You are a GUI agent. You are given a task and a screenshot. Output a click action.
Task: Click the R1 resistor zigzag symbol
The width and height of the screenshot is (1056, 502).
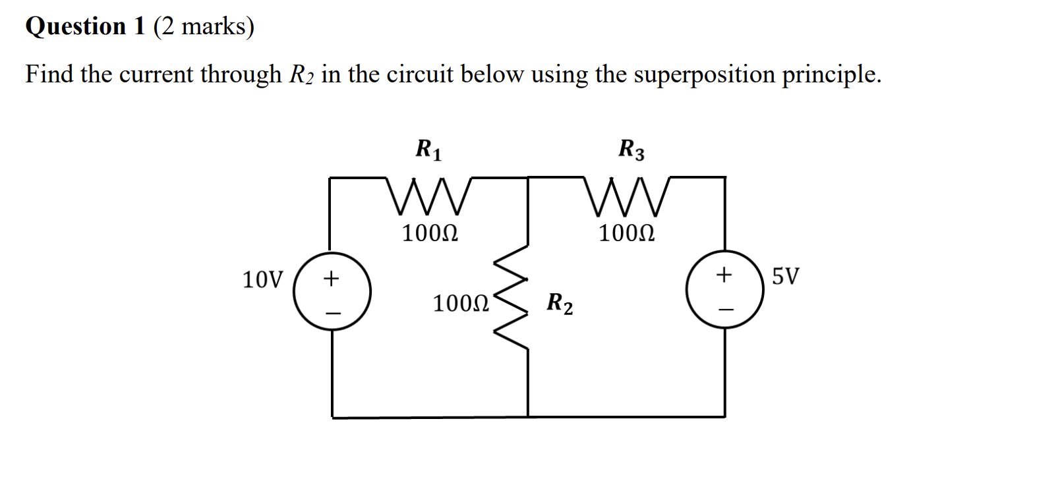pyautogui.click(x=429, y=196)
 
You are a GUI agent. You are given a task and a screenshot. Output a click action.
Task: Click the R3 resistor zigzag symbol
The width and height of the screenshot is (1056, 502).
pyautogui.click(x=627, y=196)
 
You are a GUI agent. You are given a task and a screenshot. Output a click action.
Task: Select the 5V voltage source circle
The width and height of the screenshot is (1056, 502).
pyautogui.click(x=725, y=289)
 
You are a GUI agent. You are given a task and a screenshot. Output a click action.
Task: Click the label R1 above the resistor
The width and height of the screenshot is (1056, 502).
pyautogui.click(x=428, y=150)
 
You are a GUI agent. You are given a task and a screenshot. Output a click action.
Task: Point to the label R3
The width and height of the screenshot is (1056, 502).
pyautogui.click(x=631, y=150)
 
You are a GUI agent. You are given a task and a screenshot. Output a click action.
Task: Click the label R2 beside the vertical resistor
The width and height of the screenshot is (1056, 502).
pyautogui.click(x=560, y=304)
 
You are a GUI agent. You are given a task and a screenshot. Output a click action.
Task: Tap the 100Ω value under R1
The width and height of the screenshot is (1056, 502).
pyautogui.click(x=430, y=233)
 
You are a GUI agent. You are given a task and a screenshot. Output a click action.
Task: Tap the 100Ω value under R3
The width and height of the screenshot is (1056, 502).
pyautogui.click(x=627, y=233)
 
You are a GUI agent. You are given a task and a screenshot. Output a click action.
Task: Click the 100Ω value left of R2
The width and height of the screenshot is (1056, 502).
pyautogui.click(x=461, y=304)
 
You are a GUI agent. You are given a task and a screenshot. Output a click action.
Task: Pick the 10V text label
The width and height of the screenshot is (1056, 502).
pyautogui.click(x=262, y=280)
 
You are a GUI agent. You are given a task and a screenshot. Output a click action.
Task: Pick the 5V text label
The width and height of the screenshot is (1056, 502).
pyautogui.click(x=785, y=276)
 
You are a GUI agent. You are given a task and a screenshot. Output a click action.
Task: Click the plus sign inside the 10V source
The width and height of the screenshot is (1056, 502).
pyautogui.click(x=332, y=279)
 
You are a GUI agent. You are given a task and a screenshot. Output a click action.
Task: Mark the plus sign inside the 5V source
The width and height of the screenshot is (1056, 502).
pyautogui.click(x=724, y=274)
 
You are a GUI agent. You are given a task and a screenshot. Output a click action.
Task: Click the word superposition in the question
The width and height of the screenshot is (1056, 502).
pyautogui.click(x=704, y=75)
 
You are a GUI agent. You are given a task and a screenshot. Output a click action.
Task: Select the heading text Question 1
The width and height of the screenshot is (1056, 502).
pyautogui.click(x=85, y=26)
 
